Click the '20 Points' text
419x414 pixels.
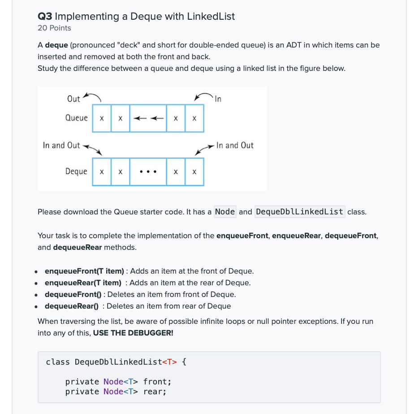54,28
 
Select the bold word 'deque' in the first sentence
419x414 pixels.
56,45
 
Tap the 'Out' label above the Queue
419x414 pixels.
73,99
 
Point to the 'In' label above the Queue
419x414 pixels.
218,99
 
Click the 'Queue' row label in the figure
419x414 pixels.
77,118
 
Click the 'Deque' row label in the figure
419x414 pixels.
76,171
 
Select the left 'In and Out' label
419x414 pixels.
61,145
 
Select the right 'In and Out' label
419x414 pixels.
235,145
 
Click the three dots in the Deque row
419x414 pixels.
147,172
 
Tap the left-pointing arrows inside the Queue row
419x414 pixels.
147,118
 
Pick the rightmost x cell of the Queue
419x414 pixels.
194,118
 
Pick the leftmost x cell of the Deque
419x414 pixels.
102,172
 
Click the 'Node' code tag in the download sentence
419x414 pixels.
225,211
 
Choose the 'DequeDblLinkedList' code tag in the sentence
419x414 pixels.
299,211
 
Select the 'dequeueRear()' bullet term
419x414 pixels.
72,306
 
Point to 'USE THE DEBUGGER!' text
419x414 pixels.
133,333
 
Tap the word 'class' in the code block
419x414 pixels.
58,362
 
